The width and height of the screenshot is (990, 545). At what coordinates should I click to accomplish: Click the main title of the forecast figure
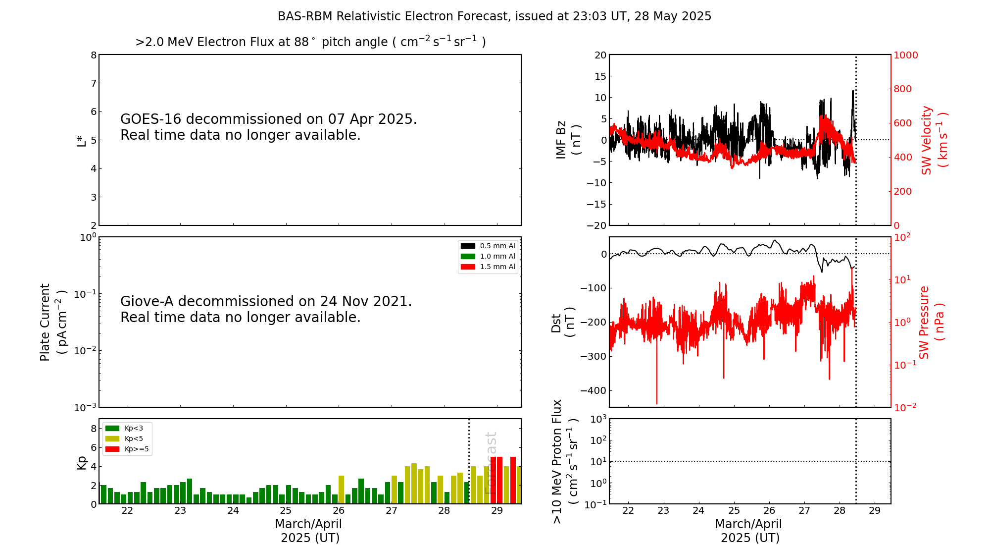[x=494, y=16]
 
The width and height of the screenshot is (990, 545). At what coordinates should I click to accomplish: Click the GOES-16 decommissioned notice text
[x=268, y=127]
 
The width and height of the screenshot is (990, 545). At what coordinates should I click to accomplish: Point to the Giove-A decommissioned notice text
[x=266, y=309]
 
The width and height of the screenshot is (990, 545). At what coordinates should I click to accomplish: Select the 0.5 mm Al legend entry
[x=488, y=246]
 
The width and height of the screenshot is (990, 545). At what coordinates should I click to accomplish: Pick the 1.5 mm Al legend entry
[x=488, y=267]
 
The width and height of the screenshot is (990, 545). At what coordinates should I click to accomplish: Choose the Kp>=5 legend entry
[x=127, y=449]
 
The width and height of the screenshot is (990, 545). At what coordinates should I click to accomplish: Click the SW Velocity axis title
[x=934, y=140]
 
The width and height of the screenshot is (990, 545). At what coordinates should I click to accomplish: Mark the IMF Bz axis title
[x=568, y=140]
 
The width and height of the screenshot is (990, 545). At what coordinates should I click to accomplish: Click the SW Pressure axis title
[x=932, y=322]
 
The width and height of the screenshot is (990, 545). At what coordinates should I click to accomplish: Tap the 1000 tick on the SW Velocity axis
[x=905, y=55]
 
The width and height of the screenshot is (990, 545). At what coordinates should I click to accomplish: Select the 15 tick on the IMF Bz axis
[x=600, y=76]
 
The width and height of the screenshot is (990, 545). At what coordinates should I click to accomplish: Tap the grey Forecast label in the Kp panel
[x=491, y=463]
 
